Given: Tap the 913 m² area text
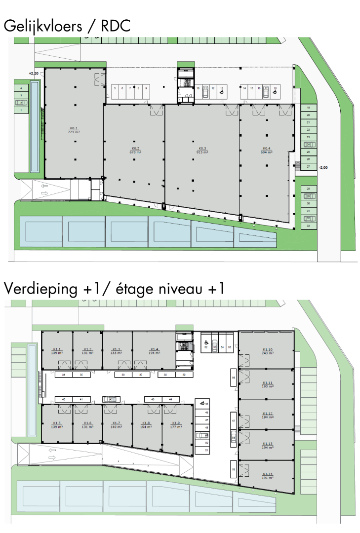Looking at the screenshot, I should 201,152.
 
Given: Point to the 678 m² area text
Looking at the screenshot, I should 135,152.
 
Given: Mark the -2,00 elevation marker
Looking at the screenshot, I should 324,167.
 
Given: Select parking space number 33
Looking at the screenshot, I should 308,226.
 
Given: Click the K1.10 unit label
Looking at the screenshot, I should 268,350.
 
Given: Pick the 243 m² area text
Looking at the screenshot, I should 268,354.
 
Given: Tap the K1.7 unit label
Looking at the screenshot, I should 117,423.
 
